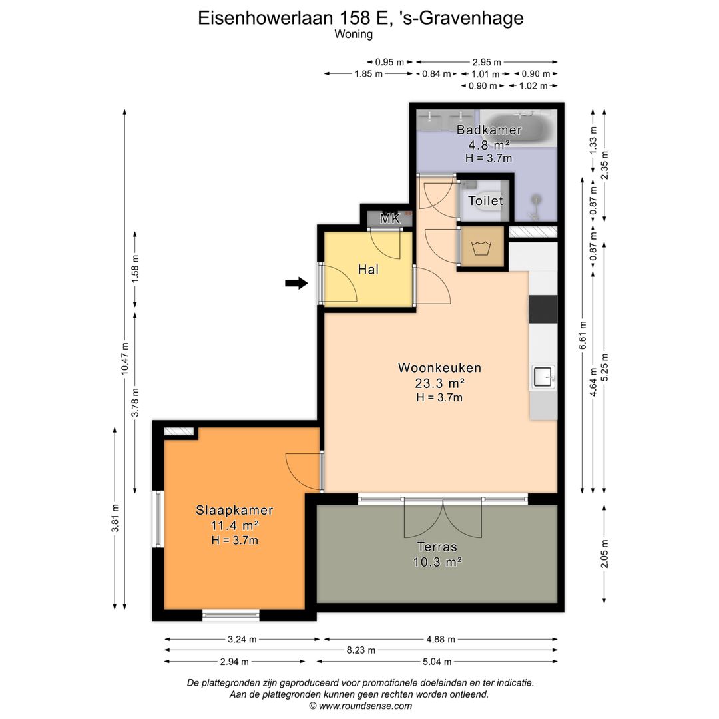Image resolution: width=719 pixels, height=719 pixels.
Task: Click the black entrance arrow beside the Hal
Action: click(296, 284)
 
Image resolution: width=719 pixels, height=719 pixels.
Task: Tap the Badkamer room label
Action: click(489, 130)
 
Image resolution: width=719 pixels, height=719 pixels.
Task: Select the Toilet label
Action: click(485, 201)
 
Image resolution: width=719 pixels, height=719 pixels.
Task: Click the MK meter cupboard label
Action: click(389, 218)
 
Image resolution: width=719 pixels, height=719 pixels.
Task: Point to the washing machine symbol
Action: click(481, 248)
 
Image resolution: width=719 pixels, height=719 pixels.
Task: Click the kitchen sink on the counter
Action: click(543, 378)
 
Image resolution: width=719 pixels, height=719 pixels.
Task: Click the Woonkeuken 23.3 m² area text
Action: click(439, 383)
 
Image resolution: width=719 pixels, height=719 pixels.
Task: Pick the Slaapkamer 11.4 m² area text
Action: click(234, 525)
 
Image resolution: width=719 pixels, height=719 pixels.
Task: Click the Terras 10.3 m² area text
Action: click(437, 561)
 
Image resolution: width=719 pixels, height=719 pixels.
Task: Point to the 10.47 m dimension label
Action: click(124, 359)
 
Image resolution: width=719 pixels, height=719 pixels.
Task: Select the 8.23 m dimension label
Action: click(361, 650)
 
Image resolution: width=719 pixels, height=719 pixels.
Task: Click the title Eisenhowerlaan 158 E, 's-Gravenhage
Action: click(360, 18)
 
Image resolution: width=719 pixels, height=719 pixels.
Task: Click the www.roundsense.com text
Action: click(360, 706)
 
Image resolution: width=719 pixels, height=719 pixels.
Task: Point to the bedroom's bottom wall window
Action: click(231, 615)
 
